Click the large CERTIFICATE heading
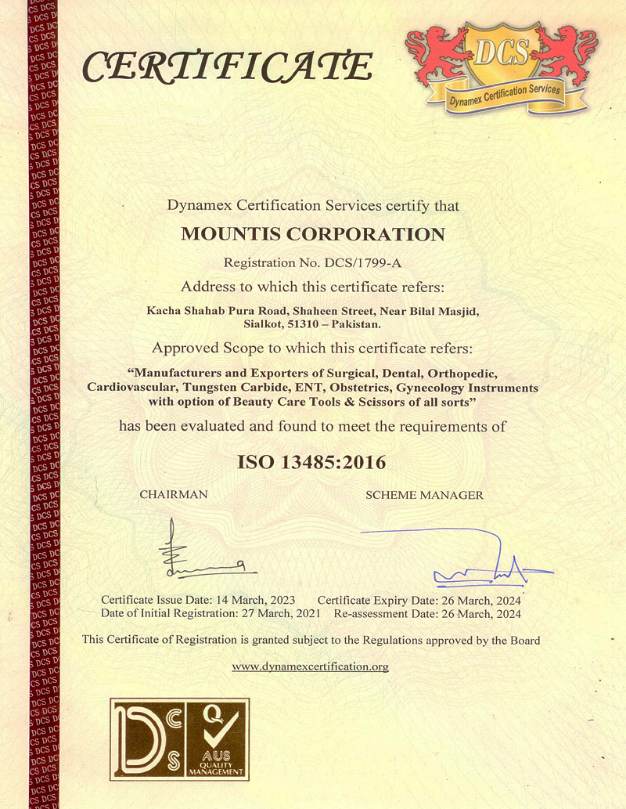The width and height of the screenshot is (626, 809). pos(226,67)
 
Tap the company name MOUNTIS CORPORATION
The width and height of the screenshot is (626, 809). pos(313,234)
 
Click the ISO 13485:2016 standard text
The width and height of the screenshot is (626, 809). pos(311,462)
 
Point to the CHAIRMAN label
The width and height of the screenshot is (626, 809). pos(174,495)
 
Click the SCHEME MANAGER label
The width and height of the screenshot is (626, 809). pos(424,495)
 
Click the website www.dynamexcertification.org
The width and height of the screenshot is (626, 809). pos(311,666)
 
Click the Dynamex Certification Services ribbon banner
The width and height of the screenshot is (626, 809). pos(505,94)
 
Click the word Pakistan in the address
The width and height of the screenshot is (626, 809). pos(356,323)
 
